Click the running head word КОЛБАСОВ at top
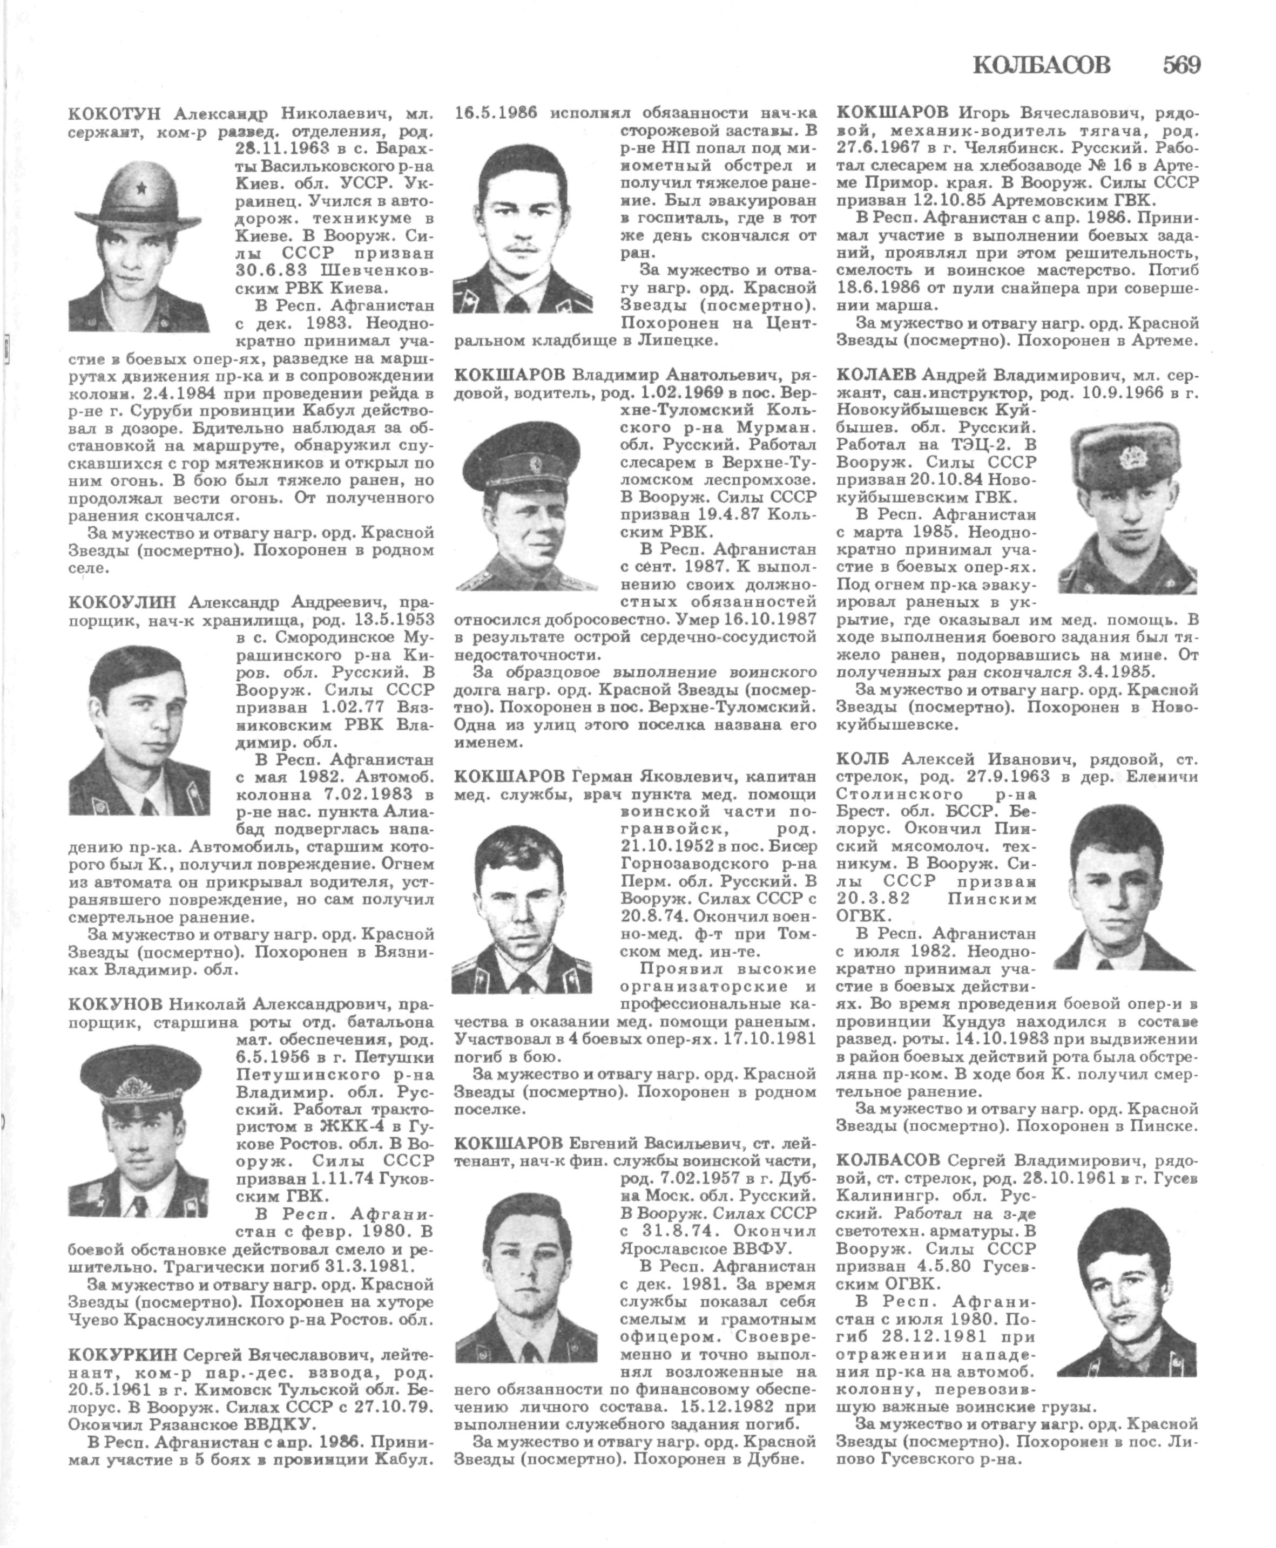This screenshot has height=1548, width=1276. click(x=1042, y=66)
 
